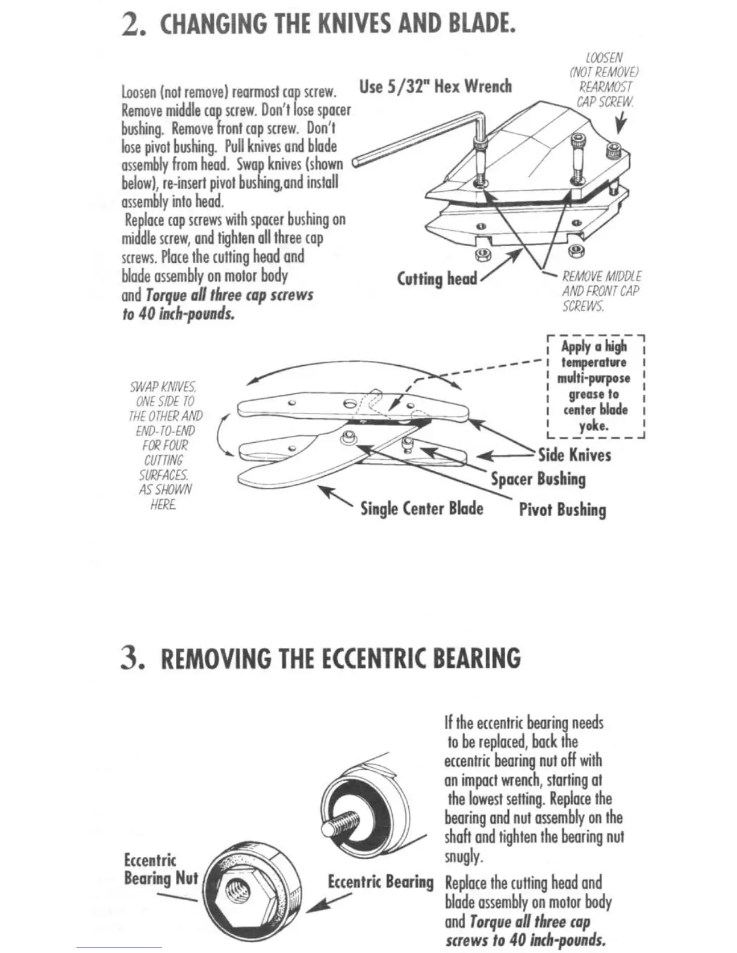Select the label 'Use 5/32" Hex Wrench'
point(435,86)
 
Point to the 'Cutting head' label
point(437,279)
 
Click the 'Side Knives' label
point(574,455)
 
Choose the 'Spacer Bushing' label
point(538,480)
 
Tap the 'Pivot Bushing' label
point(562,510)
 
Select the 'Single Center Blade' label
point(421,508)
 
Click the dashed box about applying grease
point(595,386)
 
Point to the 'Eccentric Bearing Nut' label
point(160,869)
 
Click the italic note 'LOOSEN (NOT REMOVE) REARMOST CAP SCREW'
point(604,79)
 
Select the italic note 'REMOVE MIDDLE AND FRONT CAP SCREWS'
point(601,291)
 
